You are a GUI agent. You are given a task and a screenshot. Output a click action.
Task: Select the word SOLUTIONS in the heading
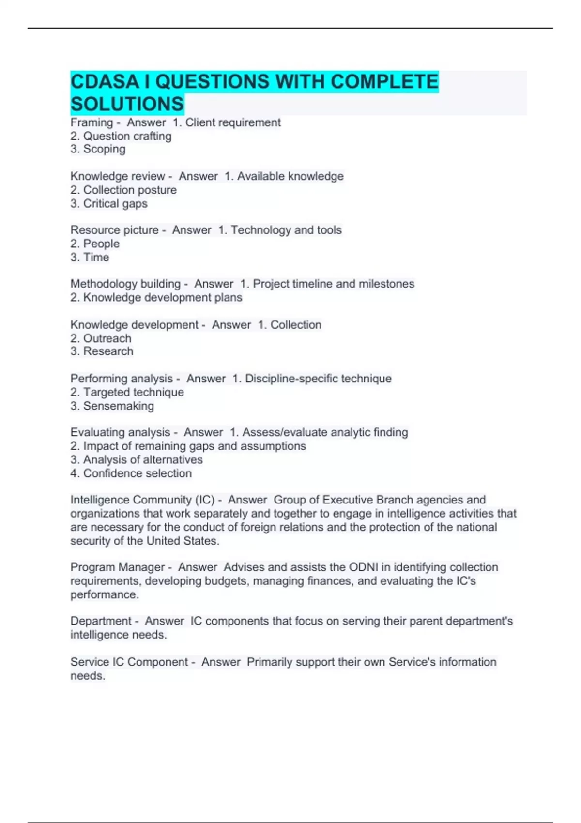pos(127,104)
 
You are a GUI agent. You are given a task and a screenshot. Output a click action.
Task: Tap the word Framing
pos(92,123)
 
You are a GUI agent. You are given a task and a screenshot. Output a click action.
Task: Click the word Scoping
pos(104,149)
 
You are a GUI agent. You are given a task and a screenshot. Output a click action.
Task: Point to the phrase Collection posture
pos(130,190)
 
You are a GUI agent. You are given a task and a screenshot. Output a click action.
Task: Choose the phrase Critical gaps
pos(115,204)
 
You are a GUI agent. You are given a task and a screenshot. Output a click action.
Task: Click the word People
pos(101,244)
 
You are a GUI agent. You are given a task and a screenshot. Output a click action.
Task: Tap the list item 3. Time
pos(90,258)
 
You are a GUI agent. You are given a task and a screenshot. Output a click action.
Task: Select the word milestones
pos(386,284)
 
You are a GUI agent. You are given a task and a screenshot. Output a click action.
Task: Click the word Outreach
pos(107,338)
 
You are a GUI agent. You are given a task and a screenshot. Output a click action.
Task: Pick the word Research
pos(108,351)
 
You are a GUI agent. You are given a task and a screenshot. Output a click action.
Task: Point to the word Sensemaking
pos(119,406)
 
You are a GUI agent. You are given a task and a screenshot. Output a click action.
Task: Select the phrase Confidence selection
pos(138,473)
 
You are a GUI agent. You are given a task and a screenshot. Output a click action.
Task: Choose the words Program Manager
pos(118,567)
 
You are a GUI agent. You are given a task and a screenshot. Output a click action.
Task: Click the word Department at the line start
pos(101,621)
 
